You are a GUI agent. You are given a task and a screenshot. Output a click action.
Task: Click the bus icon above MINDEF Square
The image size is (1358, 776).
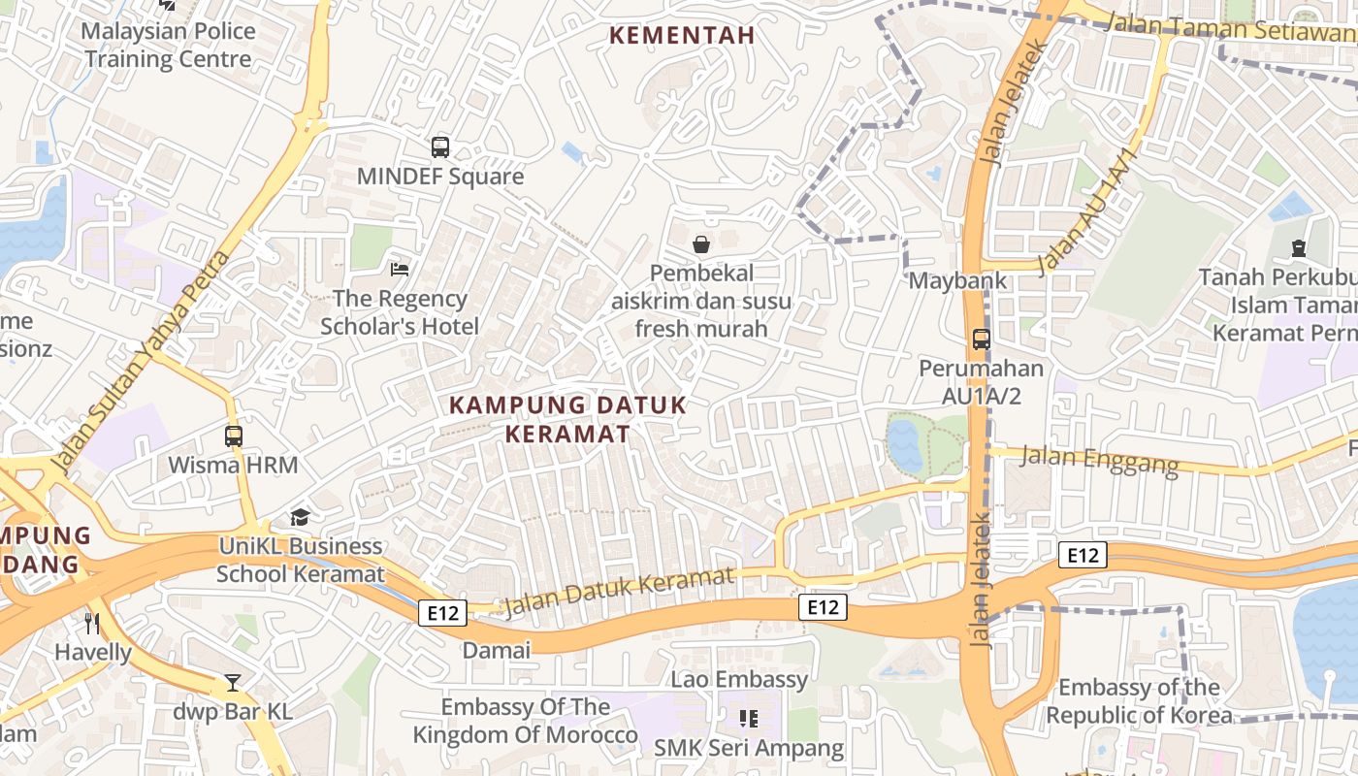(x=440, y=147)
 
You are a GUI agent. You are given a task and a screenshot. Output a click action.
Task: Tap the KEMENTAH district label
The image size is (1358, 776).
(x=681, y=36)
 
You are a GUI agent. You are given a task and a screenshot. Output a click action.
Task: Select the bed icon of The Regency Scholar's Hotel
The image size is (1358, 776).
(x=399, y=269)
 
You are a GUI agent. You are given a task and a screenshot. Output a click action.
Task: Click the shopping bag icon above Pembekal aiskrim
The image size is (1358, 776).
(x=701, y=244)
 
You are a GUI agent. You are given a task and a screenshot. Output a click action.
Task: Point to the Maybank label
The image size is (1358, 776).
(x=957, y=280)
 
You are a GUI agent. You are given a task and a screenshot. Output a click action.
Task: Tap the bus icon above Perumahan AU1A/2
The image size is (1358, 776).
(x=982, y=339)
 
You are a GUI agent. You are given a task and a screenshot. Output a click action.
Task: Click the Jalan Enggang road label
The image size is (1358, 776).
(x=1100, y=459)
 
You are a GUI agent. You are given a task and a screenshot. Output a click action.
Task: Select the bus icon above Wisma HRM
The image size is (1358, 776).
(x=234, y=436)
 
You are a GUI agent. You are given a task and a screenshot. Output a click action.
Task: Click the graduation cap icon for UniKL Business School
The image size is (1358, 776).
(x=300, y=517)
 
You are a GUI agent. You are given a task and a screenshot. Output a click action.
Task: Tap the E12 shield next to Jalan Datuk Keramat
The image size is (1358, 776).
(x=443, y=612)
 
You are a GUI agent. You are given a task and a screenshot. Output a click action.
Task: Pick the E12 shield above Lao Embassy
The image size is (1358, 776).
(x=823, y=607)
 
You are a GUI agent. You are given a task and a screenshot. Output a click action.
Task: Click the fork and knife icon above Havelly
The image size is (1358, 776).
(x=92, y=623)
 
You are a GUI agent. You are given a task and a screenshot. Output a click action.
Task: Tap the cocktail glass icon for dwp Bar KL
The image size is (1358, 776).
(x=233, y=683)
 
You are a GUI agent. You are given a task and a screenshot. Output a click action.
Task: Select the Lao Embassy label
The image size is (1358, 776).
(x=739, y=679)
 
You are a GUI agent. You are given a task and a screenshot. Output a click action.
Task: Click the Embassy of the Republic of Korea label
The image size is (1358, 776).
(x=1139, y=701)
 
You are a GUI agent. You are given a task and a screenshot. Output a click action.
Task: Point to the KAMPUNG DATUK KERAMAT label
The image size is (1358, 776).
(x=568, y=419)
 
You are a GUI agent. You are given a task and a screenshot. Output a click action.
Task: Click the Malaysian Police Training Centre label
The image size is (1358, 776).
(x=168, y=45)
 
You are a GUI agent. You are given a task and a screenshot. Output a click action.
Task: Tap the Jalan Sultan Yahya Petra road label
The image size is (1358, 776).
(x=142, y=361)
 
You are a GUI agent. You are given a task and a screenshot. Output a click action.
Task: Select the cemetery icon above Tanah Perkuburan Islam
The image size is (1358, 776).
(x=1299, y=248)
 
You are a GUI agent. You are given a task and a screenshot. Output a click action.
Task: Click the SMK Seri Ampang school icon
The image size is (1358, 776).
(x=748, y=719)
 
